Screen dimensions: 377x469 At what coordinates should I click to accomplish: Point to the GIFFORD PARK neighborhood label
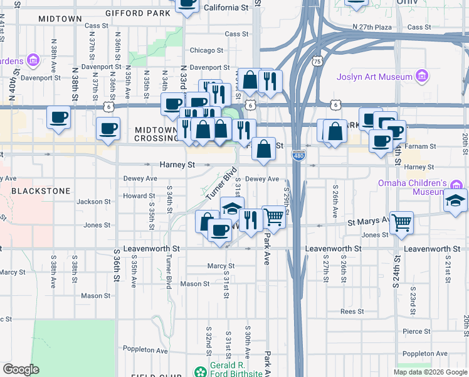point(138,13)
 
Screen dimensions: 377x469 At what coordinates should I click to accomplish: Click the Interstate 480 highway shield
point(299,155)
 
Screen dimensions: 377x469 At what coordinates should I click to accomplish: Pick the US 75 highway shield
point(317,62)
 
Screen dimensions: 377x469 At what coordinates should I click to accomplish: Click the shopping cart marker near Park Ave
point(273,217)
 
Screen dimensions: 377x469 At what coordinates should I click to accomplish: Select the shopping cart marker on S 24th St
point(401,222)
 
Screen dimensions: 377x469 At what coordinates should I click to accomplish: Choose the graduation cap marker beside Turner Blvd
point(232,208)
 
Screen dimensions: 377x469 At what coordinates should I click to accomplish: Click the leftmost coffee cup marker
point(60,117)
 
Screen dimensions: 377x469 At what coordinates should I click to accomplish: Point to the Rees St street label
point(352,312)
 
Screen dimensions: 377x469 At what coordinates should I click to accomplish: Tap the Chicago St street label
point(206,50)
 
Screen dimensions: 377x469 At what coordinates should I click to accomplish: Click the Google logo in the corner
point(21,369)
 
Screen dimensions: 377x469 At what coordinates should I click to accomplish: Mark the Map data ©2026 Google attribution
point(429,372)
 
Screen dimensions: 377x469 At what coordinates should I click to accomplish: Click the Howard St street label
point(134,196)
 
